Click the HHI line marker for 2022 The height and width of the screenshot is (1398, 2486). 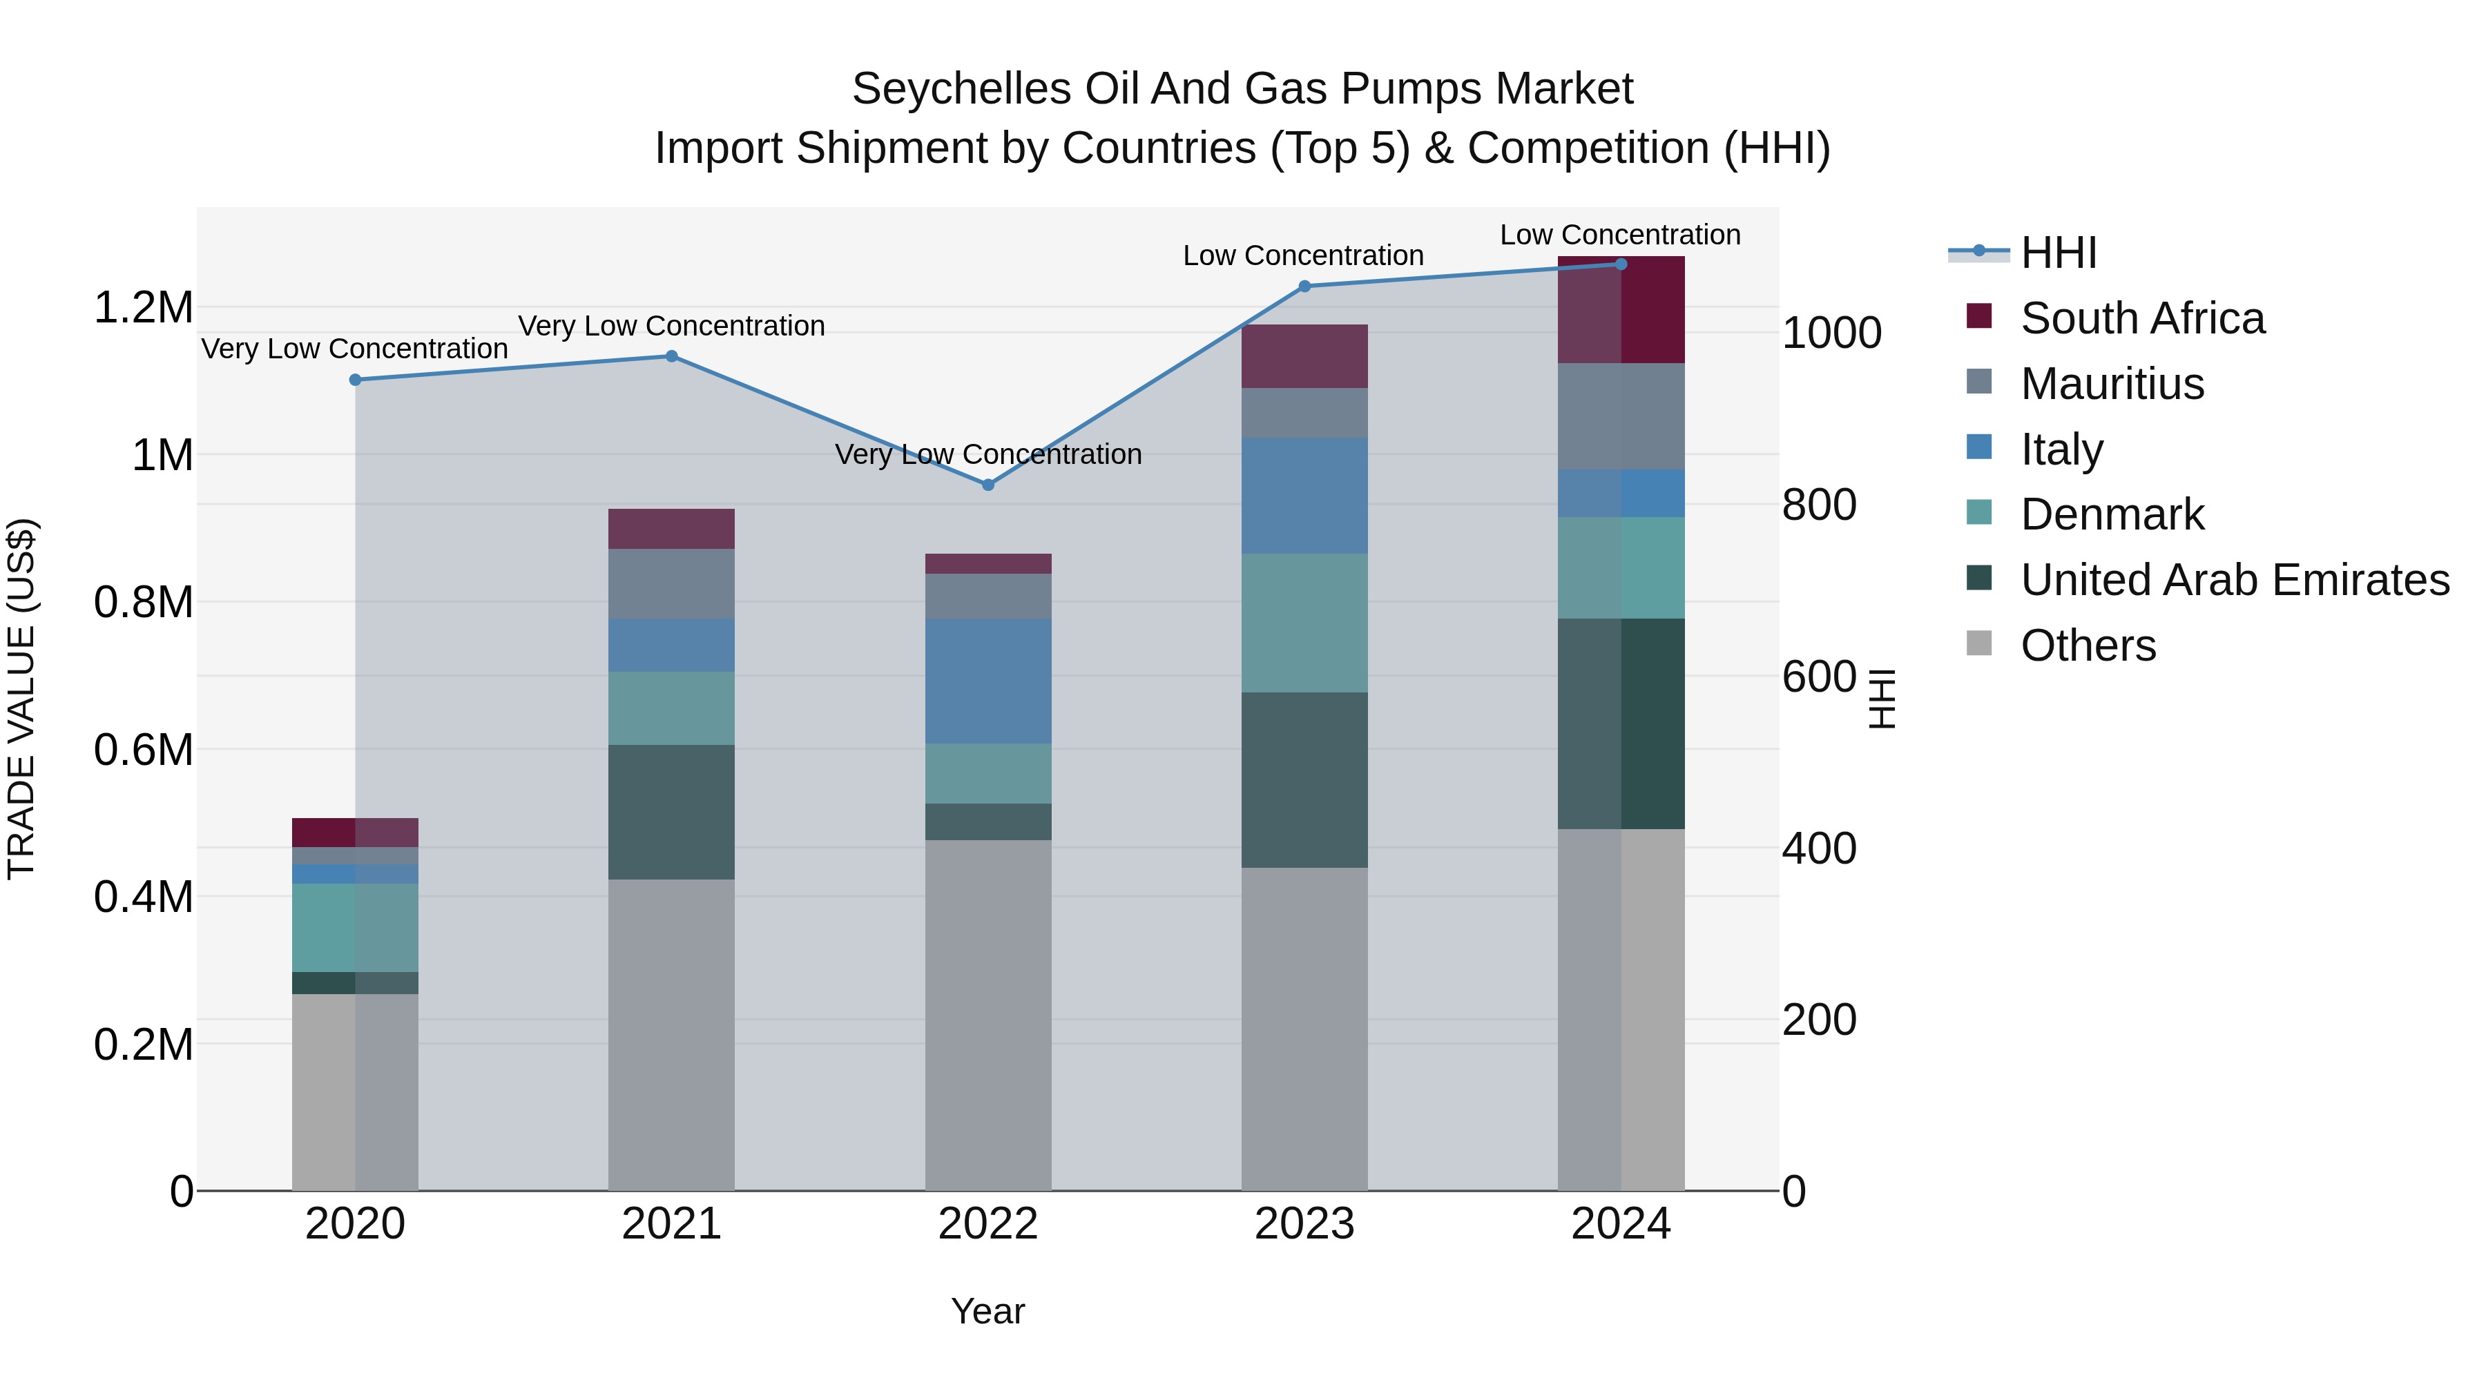987,485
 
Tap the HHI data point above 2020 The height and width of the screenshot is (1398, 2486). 355,379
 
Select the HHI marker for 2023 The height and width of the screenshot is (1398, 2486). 1304,286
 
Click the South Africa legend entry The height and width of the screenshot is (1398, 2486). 2141,318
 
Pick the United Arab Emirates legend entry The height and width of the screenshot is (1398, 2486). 2234,580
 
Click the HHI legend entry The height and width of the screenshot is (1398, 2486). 2058,253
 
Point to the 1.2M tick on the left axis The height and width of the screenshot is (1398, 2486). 143,308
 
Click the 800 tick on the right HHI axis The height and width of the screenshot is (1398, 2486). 1818,505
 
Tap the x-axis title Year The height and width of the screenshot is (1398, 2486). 987,1311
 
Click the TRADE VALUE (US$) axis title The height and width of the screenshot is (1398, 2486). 21,699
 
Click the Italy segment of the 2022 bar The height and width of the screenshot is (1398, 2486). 987,681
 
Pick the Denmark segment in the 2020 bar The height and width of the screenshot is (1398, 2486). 355,927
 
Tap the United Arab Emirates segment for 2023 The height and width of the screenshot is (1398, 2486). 1304,779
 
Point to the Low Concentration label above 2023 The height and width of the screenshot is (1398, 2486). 1303,255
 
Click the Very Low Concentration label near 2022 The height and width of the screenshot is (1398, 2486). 987,454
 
